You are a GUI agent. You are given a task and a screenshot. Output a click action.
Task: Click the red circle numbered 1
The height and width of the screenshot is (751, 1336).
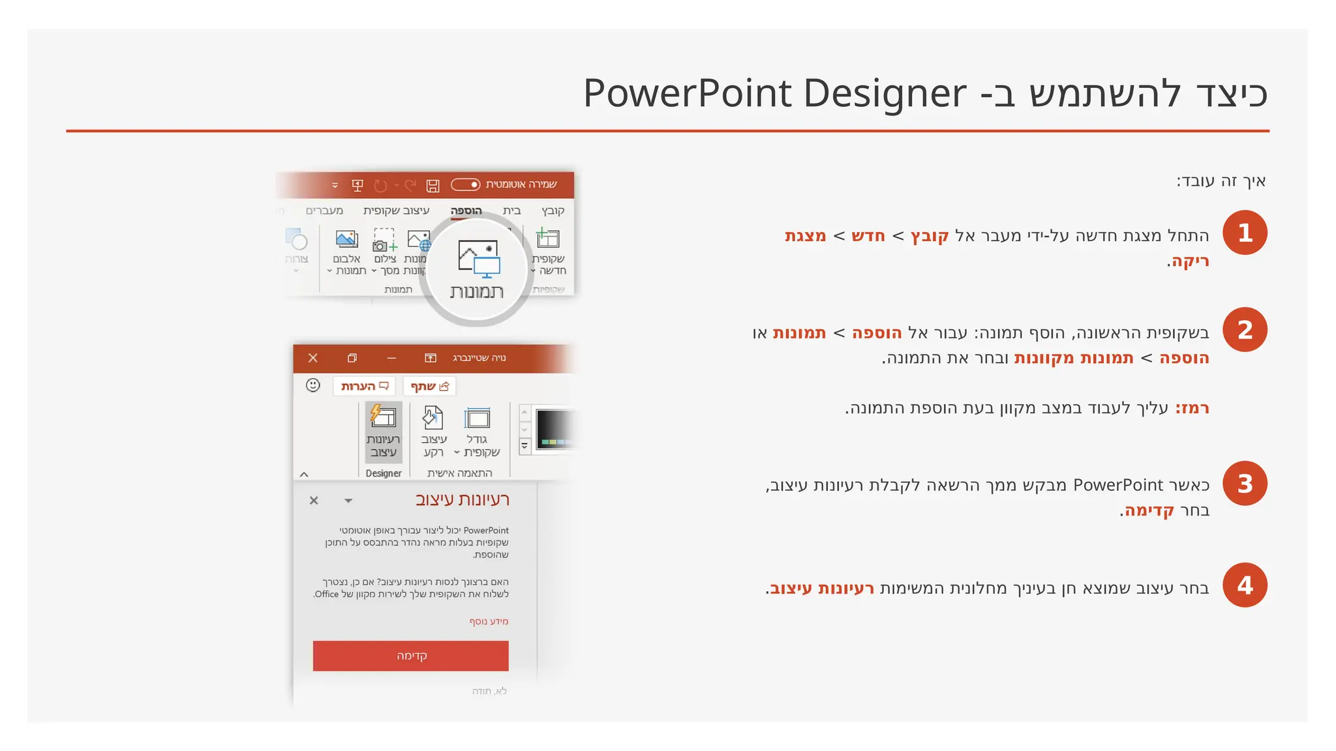tap(1245, 233)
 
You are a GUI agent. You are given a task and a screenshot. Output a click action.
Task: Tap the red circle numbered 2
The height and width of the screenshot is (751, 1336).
tap(1245, 330)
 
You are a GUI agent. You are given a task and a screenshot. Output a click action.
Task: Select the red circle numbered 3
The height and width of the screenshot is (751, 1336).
tap(1245, 484)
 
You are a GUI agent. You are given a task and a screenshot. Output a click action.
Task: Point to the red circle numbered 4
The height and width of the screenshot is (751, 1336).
tap(1245, 585)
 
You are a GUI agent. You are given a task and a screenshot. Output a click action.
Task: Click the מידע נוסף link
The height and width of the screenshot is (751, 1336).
tap(489, 621)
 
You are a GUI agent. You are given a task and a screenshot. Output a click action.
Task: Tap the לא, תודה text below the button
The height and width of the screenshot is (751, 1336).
tap(489, 691)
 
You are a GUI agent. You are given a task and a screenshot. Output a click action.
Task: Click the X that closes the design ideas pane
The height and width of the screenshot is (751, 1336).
tap(314, 501)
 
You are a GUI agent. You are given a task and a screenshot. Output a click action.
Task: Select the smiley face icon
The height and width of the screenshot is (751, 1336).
tap(313, 385)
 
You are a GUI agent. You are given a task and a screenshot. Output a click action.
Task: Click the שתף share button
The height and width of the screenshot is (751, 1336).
tap(429, 387)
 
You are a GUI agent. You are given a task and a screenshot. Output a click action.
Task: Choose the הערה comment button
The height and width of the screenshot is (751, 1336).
tap(365, 387)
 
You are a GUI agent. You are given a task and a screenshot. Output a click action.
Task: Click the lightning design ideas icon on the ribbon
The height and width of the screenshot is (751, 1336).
tap(383, 415)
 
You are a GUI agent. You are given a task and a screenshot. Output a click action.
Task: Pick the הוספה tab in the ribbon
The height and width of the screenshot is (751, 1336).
tap(466, 211)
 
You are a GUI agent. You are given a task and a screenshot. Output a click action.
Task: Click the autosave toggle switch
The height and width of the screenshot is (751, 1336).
tap(466, 185)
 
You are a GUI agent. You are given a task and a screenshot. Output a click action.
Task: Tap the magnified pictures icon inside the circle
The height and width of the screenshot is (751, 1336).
tap(478, 258)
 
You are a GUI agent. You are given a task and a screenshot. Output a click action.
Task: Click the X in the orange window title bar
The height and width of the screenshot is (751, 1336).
tap(313, 358)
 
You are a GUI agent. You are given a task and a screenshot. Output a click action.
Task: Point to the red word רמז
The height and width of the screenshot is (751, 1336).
tap(1192, 409)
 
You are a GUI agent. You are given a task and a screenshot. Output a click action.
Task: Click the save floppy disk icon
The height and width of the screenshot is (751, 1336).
tap(433, 186)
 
